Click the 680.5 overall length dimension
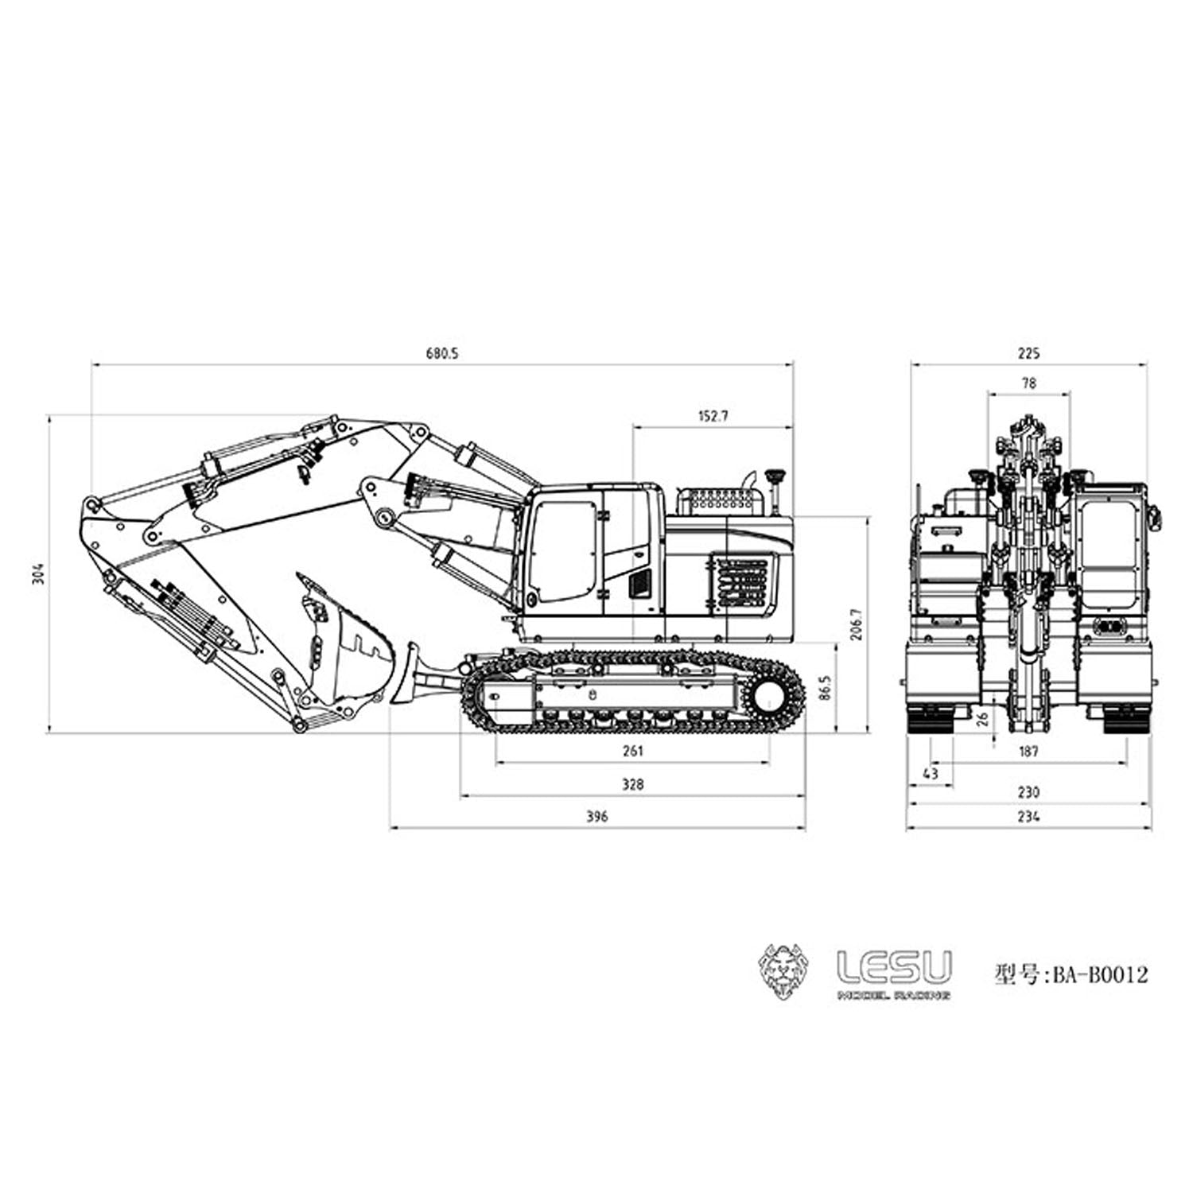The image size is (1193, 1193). click(x=442, y=354)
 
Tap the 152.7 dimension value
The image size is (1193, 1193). click(x=713, y=416)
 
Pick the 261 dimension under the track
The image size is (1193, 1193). click(x=632, y=751)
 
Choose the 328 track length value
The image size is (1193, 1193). click(x=632, y=784)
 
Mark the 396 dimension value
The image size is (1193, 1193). click(x=596, y=817)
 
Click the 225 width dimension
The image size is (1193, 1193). click(x=1028, y=354)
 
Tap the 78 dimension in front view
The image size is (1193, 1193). click(x=1028, y=383)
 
